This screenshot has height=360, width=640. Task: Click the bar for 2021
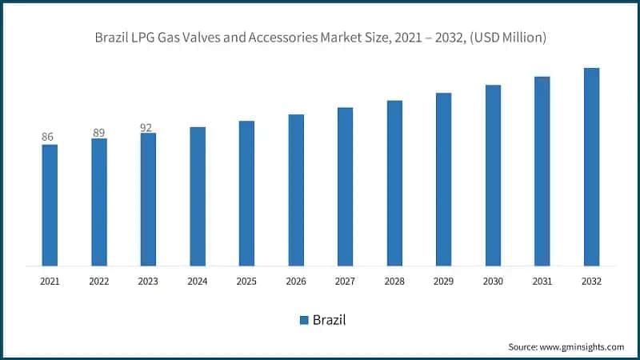coord(50,205)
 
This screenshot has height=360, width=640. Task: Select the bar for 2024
coord(198,196)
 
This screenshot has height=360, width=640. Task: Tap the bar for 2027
coord(345,186)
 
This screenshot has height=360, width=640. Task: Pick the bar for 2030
coord(493,174)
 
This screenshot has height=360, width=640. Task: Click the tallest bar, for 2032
coord(591,166)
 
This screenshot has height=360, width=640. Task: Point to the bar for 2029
coord(443,179)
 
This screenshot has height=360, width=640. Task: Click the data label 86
coord(47,137)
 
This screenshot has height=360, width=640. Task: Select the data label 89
coord(98,132)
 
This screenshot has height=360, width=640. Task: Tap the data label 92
coord(146,126)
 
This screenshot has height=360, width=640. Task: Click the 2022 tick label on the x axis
coord(98,282)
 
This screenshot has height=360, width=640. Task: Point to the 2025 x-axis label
coord(246,282)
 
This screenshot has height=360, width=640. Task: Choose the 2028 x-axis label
coord(394,282)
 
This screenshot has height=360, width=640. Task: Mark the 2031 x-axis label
coord(542,282)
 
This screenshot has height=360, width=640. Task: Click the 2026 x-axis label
coord(296,282)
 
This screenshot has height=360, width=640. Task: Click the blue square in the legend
coord(304,320)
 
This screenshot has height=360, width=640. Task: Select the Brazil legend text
coord(330,320)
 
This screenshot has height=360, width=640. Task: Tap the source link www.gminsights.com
coord(583,346)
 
